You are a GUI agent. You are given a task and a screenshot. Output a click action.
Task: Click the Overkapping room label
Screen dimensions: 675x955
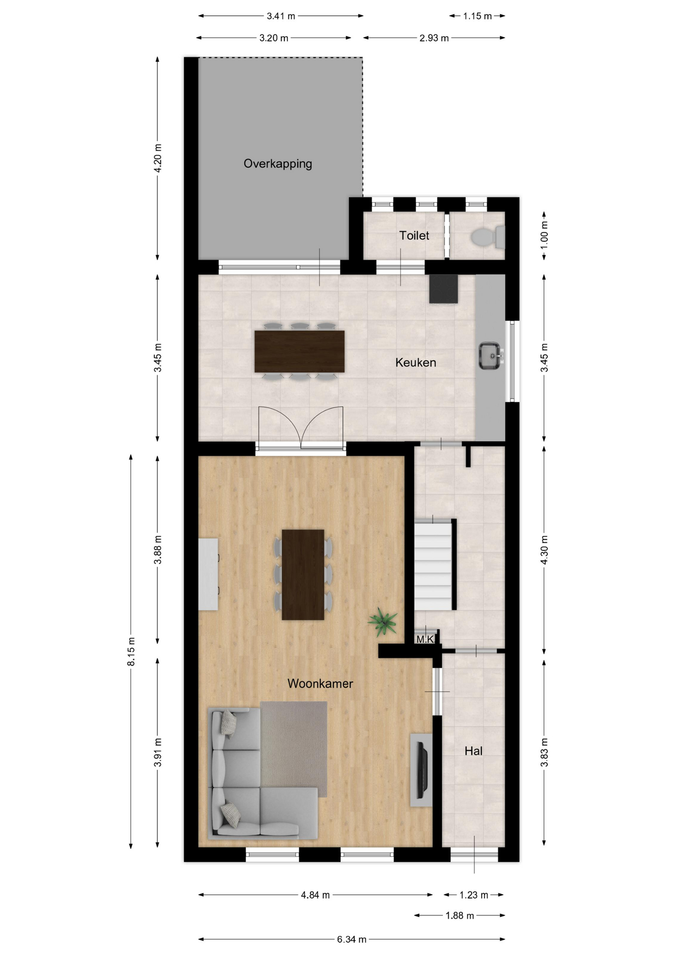pos(278,164)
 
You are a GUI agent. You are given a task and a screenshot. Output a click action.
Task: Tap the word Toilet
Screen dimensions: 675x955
pos(414,235)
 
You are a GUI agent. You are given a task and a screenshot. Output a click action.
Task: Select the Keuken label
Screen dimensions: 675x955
pos(416,363)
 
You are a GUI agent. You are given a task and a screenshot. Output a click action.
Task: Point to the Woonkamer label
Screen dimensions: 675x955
pos(320,683)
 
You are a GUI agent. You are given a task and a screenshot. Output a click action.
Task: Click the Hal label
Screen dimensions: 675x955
pos(473,751)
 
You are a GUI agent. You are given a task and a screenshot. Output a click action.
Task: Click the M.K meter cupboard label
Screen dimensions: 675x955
pos(425,639)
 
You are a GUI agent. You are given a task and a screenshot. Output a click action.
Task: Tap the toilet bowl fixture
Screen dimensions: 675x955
pos(488,237)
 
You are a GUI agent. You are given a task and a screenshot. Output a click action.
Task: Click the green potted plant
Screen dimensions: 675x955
pos(382,621)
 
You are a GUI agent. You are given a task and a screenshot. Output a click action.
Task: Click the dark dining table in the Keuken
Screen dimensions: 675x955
pos(299,351)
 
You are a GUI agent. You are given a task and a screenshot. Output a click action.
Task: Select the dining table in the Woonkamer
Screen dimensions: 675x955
pos(303,574)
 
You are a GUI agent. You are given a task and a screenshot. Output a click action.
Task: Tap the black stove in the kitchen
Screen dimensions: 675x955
pos(443,288)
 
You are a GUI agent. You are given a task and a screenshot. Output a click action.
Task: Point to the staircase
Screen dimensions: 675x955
pos(433,564)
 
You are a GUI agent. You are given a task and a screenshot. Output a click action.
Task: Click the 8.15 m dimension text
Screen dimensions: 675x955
pos(131,651)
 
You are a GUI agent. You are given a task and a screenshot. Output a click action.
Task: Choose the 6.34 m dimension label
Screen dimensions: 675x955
pos(351,940)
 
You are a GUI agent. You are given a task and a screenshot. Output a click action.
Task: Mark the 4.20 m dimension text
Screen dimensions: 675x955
pos(158,158)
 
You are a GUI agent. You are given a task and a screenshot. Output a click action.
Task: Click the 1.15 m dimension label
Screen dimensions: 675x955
pos(477,16)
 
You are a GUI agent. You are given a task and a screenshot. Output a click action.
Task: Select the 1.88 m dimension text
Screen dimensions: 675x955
pos(460,915)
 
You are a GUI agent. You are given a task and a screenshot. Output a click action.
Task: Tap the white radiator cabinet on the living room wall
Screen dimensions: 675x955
pos(208,574)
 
